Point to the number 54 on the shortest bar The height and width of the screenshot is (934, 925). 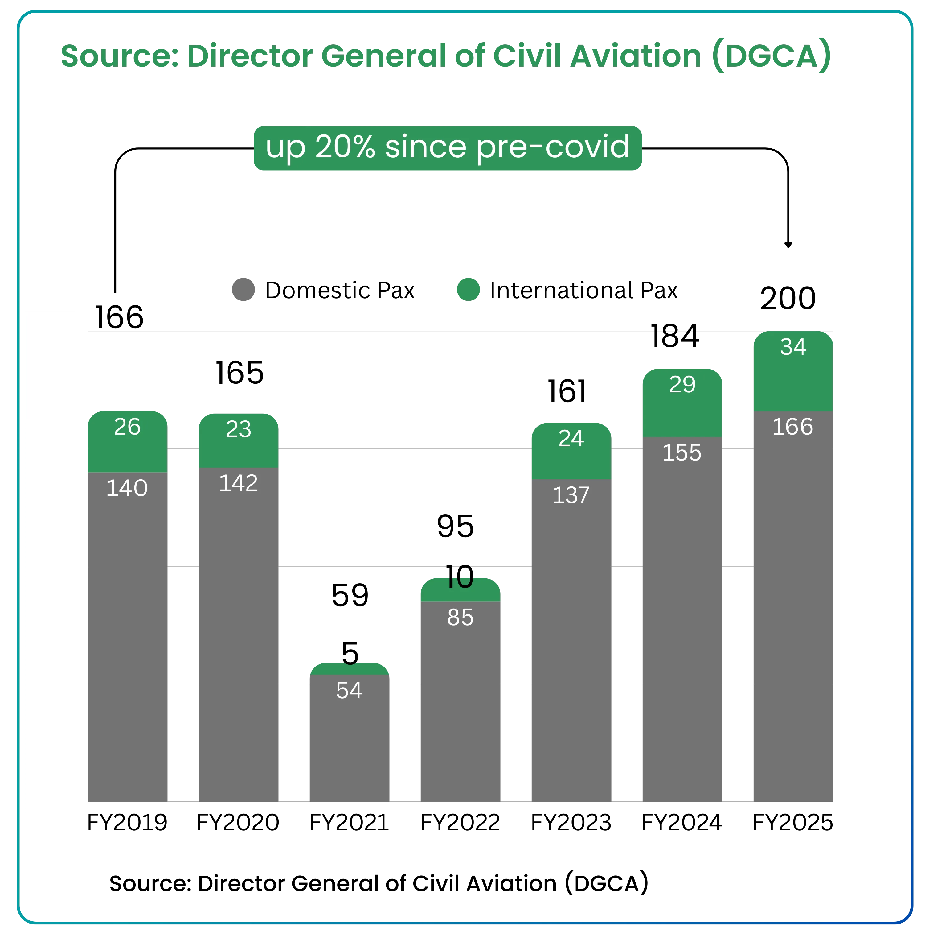coord(349,690)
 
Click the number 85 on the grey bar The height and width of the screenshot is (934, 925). coord(460,617)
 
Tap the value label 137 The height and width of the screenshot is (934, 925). coord(571,495)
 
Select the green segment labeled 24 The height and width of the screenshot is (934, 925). coord(571,451)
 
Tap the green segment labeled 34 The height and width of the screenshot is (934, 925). coord(793,371)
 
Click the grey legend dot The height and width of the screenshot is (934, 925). coord(244,289)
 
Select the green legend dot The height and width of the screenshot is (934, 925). coord(468,289)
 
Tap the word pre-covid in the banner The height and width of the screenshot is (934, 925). coord(553,147)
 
